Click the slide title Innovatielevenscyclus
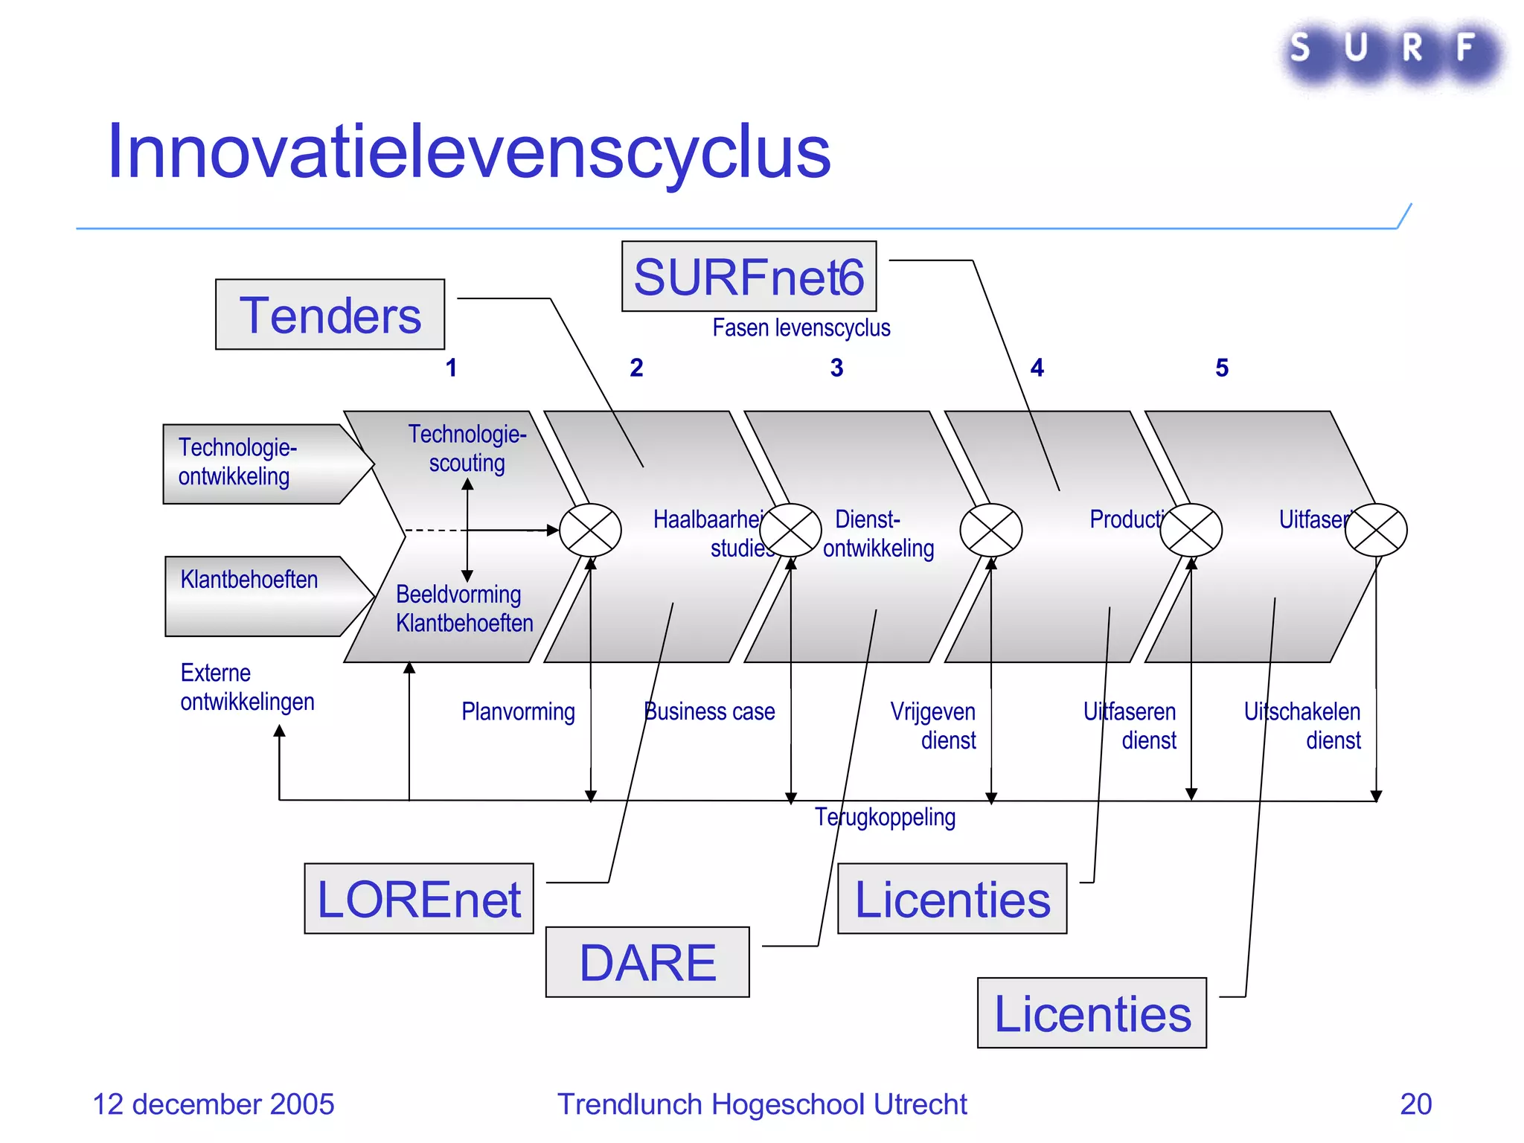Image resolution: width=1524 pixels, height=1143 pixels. point(469,152)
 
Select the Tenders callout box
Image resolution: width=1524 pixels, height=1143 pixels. point(330,315)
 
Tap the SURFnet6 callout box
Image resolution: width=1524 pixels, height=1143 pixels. point(749,277)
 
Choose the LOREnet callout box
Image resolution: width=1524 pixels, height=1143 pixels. point(419,899)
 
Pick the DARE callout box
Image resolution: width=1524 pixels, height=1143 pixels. point(647,962)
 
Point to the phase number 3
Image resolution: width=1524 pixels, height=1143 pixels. point(836,368)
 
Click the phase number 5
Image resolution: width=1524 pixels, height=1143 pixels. point(1222,368)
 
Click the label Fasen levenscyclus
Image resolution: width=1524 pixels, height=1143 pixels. point(801,328)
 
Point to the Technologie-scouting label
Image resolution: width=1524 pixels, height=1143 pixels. point(467,448)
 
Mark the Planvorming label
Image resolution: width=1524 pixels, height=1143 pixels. point(518,712)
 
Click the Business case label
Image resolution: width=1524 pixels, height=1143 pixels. point(709,712)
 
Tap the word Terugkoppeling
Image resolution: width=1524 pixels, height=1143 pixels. point(885,817)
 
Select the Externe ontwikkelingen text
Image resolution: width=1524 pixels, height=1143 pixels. point(247,688)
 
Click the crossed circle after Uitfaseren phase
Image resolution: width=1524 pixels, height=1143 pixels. point(1376,530)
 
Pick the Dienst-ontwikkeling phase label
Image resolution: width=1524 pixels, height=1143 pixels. point(878,534)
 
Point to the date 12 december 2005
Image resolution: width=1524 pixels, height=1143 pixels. point(214,1104)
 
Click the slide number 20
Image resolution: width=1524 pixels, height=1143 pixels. point(1415,1104)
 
